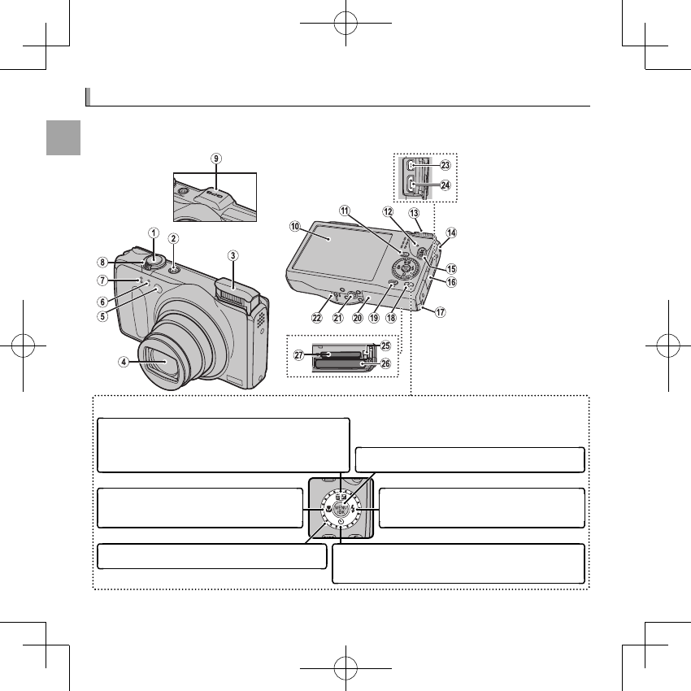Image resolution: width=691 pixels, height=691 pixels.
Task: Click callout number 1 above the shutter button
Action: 153,232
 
